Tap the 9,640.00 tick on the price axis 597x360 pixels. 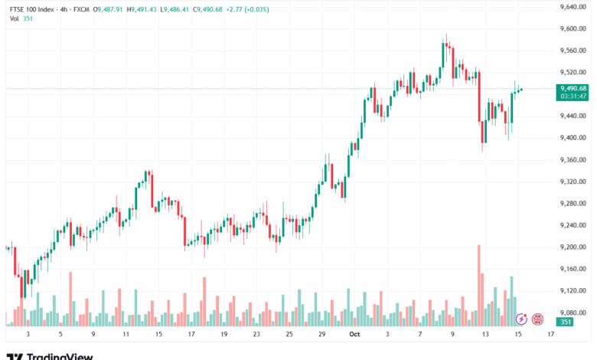click(x=573, y=7)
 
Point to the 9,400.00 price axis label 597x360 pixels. click(x=573, y=138)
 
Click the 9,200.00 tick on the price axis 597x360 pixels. click(x=573, y=247)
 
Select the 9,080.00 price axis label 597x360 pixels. click(x=573, y=313)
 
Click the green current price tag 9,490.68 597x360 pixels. click(x=573, y=88)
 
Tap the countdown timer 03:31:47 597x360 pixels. click(x=573, y=97)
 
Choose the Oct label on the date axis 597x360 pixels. click(x=354, y=334)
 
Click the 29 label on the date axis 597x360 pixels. click(x=321, y=334)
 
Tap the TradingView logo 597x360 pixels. click(x=50, y=355)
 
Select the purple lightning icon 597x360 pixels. click(x=521, y=319)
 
